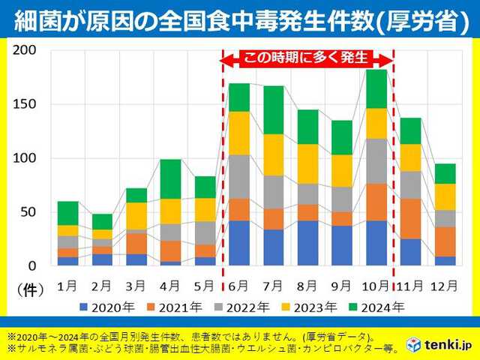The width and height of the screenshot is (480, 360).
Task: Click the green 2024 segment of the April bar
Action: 170,178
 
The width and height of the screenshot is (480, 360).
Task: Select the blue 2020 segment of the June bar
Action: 238,243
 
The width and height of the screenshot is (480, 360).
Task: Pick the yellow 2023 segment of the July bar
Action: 274,154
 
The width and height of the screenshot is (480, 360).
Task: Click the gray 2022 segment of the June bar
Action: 238,176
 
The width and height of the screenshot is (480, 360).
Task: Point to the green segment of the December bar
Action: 446,173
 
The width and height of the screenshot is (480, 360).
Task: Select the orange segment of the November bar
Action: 411,218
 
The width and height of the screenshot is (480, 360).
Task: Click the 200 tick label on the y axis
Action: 25,50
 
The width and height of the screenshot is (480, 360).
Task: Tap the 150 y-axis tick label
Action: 25,104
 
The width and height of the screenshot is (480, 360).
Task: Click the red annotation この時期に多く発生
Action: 308,58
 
